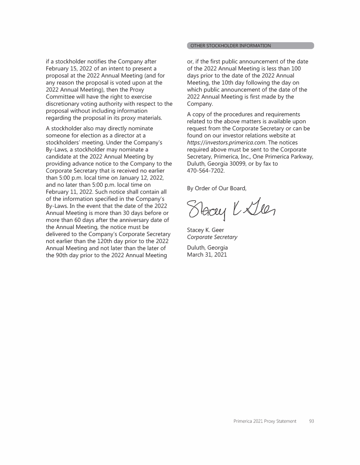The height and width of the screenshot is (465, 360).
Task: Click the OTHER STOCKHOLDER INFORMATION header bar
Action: coord(250,46)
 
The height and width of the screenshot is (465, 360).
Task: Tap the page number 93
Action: coord(311,421)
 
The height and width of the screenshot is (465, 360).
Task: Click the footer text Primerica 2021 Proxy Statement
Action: coord(265,421)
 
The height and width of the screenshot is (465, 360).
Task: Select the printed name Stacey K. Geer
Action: coord(205,230)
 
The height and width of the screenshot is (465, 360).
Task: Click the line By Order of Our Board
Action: coord(216,188)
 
